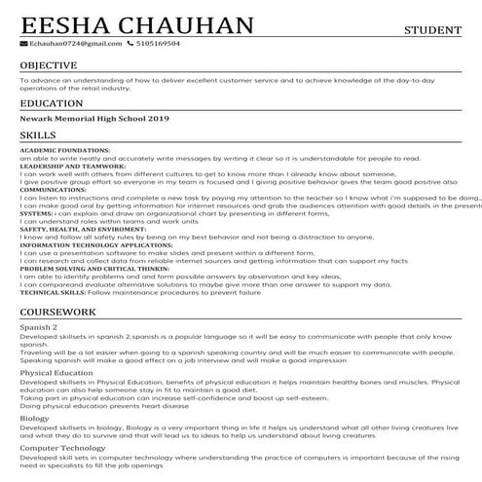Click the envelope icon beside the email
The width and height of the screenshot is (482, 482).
click(22, 44)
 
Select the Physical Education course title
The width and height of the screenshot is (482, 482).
click(56, 373)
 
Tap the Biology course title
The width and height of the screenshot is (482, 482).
click(34, 418)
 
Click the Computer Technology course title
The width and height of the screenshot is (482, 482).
click(62, 448)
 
